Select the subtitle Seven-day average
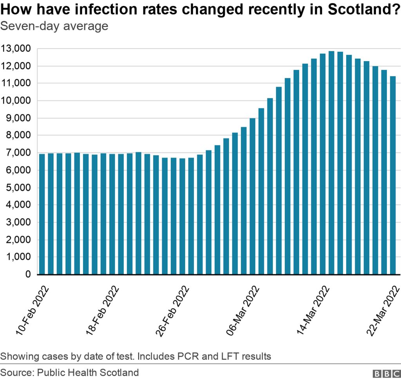tap(54, 26)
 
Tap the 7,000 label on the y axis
tap(18, 153)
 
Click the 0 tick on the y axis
tap(28, 274)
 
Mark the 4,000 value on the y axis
tap(18, 205)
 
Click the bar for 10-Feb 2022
tap(42, 214)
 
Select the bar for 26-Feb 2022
tap(182, 216)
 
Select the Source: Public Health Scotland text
tap(69, 372)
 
